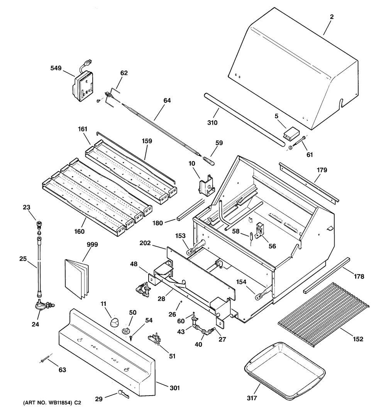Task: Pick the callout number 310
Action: coord(212,123)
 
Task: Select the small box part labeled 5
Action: coord(290,133)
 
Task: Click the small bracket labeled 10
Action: coord(207,186)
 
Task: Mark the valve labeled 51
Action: coord(155,340)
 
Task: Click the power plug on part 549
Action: coord(88,62)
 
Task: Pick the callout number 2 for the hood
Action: coord(332,17)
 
